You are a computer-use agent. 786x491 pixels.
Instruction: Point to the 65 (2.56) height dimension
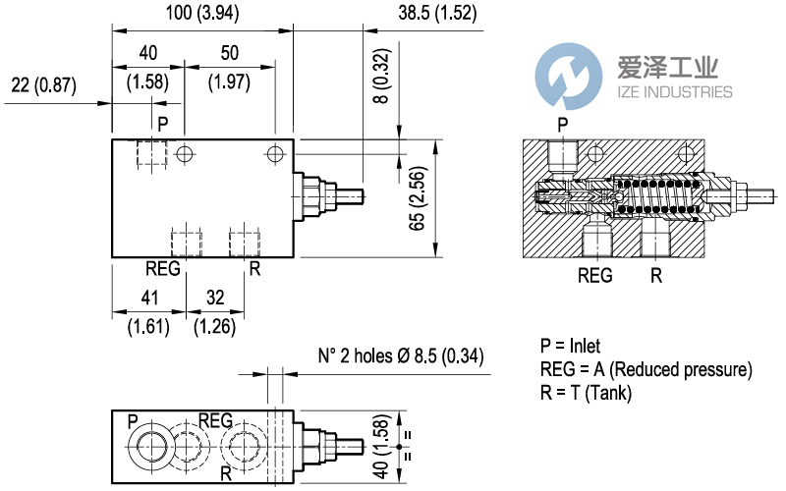coord(417,201)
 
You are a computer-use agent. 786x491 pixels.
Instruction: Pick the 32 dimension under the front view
coord(214,299)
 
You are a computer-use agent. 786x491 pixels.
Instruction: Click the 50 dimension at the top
coord(230,52)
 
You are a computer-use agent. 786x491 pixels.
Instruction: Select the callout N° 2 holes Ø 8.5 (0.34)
coord(401,355)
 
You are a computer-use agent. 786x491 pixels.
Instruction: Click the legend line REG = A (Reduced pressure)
coord(646,369)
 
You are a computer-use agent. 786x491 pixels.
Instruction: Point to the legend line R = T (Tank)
coord(586,393)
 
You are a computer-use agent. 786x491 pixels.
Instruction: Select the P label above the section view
coord(562,125)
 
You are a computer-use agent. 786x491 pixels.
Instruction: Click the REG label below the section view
coord(594,276)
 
